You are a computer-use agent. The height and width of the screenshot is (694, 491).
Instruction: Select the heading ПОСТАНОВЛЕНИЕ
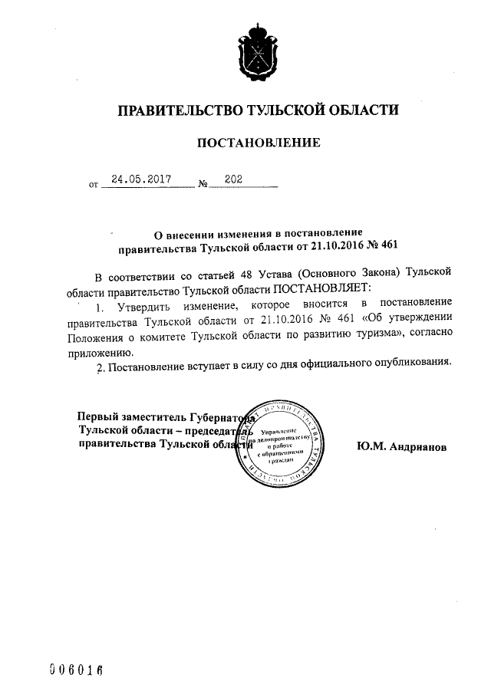258,143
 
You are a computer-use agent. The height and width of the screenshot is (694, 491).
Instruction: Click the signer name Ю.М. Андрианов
401,446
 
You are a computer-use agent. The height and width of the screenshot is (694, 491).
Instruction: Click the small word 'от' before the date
94,185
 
